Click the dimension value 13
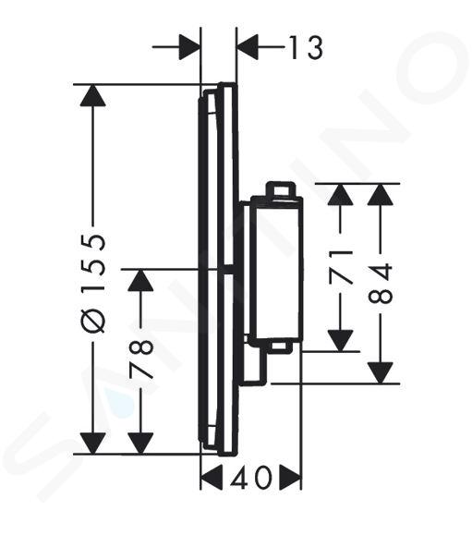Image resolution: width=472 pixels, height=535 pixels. pyautogui.click(x=306, y=47)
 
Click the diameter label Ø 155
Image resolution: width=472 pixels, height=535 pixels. pyautogui.click(x=93, y=283)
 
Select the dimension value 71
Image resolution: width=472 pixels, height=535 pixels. pyautogui.click(x=340, y=266)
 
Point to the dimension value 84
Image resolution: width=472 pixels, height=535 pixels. pyautogui.click(x=381, y=283)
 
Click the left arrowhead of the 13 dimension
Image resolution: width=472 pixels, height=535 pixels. pyautogui.click(x=189, y=47)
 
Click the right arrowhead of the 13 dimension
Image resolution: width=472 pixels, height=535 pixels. pyautogui.click(x=248, y=47)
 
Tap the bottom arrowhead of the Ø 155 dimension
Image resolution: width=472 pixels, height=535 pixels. pyautogui.click(x=93, y=444)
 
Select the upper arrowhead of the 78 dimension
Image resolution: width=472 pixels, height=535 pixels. pyautogui.click(x=140, y=280)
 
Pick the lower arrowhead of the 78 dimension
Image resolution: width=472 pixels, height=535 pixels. pyautogui.click(x=140, y=444)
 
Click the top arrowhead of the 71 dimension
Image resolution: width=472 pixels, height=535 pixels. pyautogui.click(x=340, y=194)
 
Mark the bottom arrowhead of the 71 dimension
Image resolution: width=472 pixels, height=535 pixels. pyautogui.click(x=340, y=341)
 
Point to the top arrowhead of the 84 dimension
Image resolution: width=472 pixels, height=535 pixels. pyautogui.click(x=381, y=194)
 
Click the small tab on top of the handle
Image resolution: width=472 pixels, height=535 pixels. pyautogui.click(x=280, y=189)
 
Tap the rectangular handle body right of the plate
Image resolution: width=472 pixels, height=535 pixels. pyautogui.click(x=276, y=270)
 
